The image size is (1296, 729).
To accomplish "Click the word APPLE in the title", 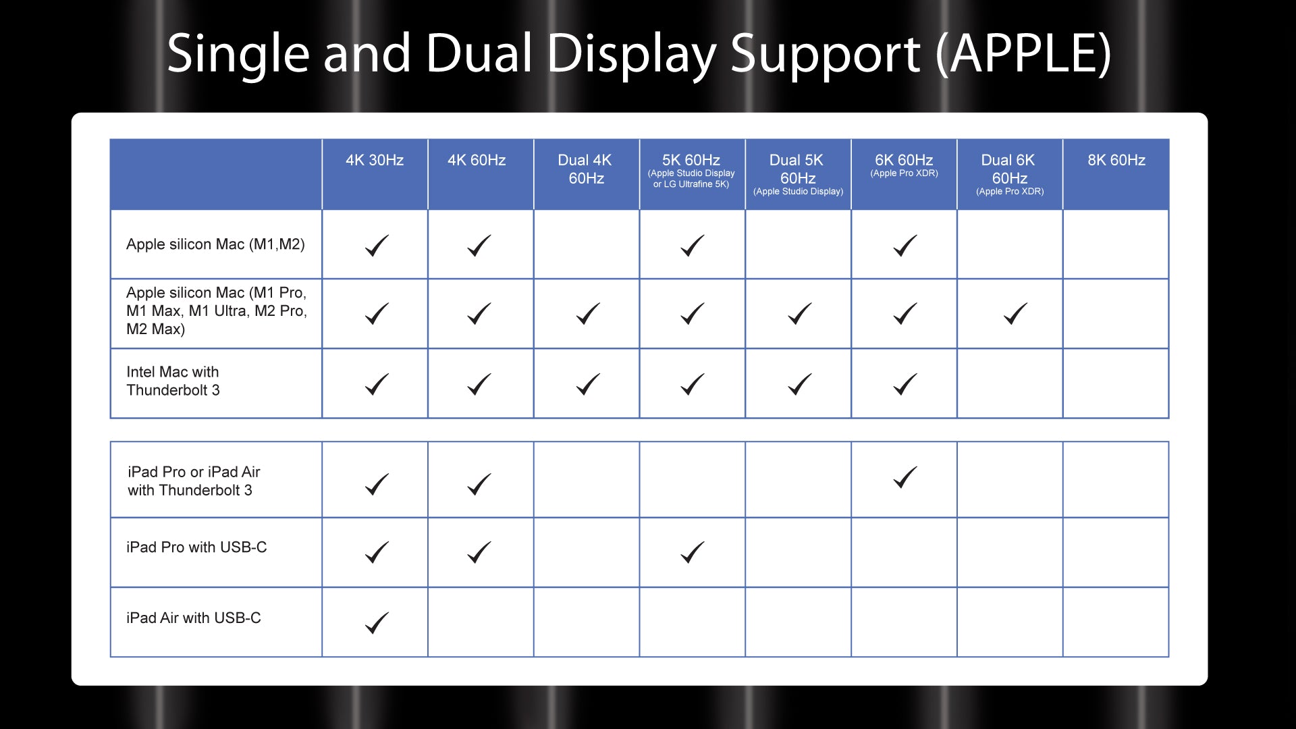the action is pyautogui.click(x=1023, y=53).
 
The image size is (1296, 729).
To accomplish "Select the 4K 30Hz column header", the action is pyautogui.click(x=375, y=160).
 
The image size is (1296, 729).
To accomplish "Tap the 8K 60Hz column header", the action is pyautogui.click(x=1116, y=160).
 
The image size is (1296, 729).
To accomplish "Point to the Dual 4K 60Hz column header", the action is pyautogui.click(x=585, y=169).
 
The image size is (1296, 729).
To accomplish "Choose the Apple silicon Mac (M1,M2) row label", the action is pyautogui.click(x=215, y=244).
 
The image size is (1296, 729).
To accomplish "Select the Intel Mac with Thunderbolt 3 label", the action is pyautogui.click(x=173, y=381).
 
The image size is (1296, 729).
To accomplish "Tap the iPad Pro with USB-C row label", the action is pyautogui.click(x=196, y=547).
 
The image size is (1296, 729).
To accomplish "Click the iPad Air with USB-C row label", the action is pyautogui.click(x=194, y=618).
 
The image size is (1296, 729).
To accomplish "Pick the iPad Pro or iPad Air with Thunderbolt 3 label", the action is pyautogui.click(x=194, y=481).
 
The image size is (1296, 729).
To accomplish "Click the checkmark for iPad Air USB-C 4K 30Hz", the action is pyautogui.click(x=377, y=622).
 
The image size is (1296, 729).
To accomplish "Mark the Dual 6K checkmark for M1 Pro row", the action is pyautogui.click(x=1015, y=313).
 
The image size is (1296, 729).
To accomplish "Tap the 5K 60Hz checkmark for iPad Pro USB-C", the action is pyautogui.click(x=693, y=552).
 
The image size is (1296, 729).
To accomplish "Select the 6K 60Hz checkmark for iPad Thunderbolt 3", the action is pyautogui.click(x=905, y=477).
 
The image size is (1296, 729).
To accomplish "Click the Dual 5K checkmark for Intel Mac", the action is pyautogui.click(x=799, y=384).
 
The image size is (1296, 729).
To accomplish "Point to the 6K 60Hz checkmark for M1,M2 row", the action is pyautogui.click(x=905, y=246).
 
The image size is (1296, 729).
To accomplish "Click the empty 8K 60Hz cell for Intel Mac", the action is pyautogui.click(x=1116, y=383).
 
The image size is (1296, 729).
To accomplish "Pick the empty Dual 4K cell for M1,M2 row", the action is pyautogui.click(x=587, y=244).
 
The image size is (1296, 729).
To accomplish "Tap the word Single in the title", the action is pyautogui.click(x=238, y=54).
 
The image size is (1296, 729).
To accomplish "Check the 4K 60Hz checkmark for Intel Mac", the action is pyautogui.click(x=479, y=384).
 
